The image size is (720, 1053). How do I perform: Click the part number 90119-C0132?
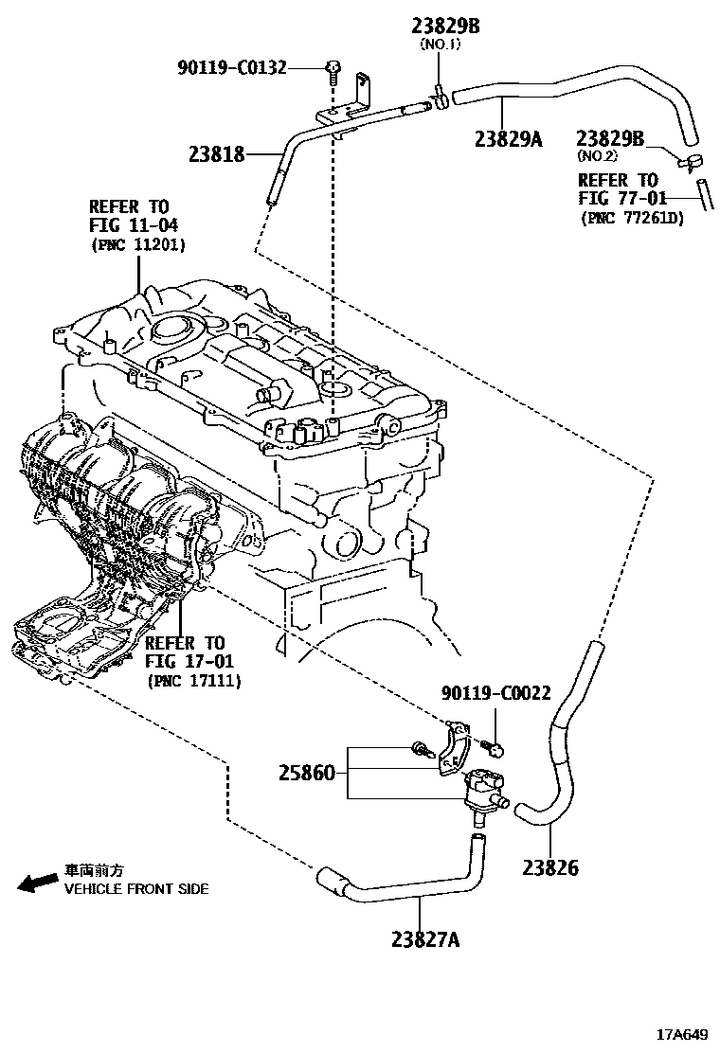231,67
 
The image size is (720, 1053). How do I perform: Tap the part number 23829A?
508,139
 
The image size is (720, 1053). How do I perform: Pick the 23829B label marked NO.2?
610,140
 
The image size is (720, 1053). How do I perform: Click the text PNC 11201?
137,244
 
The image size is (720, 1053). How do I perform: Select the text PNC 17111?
193,680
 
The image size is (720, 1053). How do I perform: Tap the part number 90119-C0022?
495,694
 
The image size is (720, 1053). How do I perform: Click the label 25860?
306,773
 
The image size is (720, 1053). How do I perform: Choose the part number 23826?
549,867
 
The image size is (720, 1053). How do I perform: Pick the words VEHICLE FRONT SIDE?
135,889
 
